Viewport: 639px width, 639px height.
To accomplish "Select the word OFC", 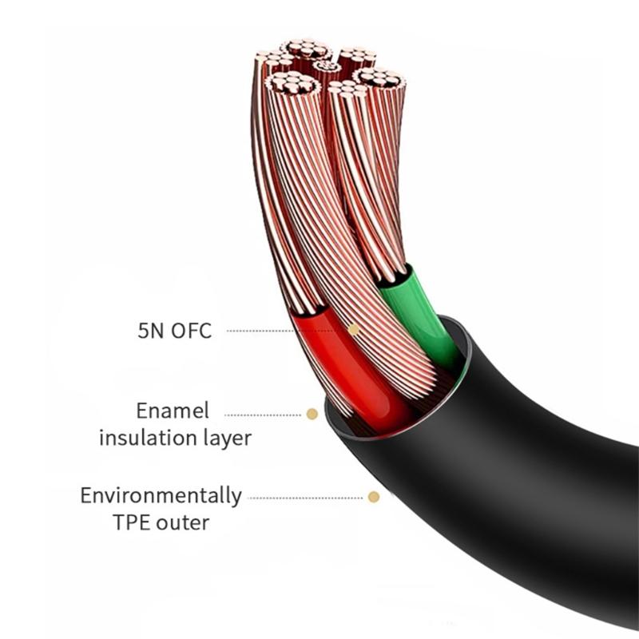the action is [x=192, y=330].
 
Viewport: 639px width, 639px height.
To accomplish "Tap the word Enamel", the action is [x=172, y=411].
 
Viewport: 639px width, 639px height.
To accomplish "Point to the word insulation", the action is [x=144, y=438].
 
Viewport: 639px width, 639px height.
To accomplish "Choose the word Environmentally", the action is [x=161, y=495].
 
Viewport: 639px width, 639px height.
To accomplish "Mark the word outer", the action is [x=185, y=523].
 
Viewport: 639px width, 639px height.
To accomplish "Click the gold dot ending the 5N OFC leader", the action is [x=354, y=329].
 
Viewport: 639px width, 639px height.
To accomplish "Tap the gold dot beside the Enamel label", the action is [x=312, y=414].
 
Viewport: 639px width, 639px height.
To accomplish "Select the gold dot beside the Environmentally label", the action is [x=373, y=497].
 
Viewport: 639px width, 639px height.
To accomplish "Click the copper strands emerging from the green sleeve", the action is [x=371, y=184].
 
